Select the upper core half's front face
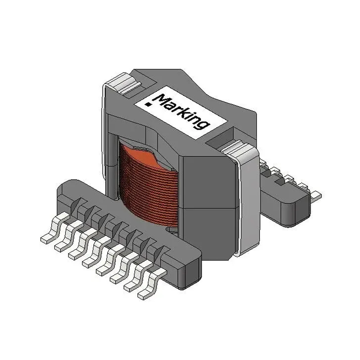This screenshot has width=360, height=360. (x=207, y=180)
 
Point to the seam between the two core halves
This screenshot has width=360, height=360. (x=207, y=207)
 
